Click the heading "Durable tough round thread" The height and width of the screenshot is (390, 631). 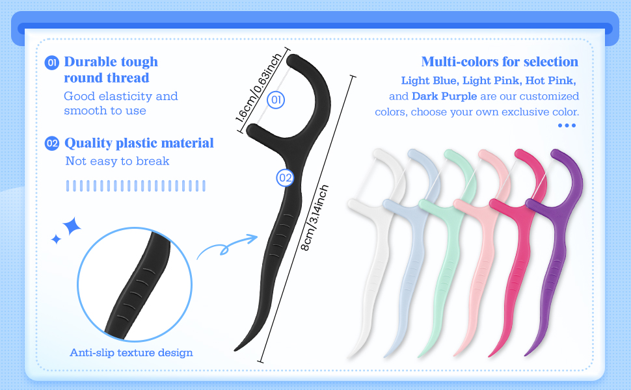click(111, 70)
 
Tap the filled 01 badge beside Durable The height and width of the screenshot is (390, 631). click(51, 62)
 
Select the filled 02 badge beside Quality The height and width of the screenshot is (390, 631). click(52, 143)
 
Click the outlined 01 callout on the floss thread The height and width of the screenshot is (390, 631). click(276, 99)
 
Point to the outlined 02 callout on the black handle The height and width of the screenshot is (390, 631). click(285, 177)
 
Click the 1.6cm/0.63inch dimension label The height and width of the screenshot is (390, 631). click(258, 87)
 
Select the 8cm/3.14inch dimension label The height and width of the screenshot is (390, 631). click(315, 218)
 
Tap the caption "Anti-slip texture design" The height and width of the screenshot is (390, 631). click(131, 352)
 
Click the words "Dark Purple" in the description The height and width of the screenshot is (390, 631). click(444, 96)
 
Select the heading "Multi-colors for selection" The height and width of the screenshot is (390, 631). click(500, 62)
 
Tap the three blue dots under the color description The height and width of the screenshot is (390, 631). click(567, 125)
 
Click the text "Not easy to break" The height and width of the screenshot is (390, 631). click(117, 161)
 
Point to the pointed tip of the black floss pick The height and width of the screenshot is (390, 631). click(235, 350)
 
